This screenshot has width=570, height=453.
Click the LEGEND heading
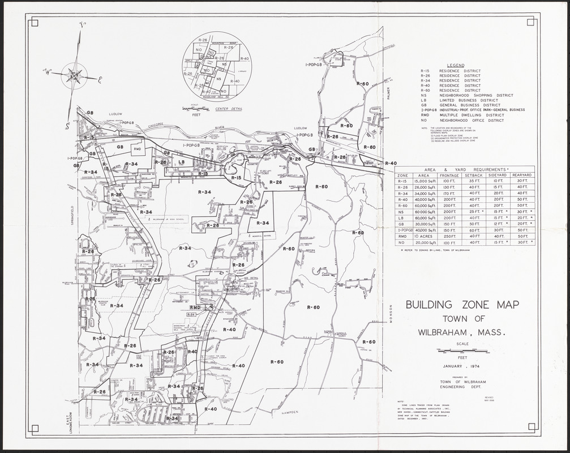pyautogui.click(x=455, y=65)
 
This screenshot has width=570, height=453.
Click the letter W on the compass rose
pyautogui.click(x=49, y=72)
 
